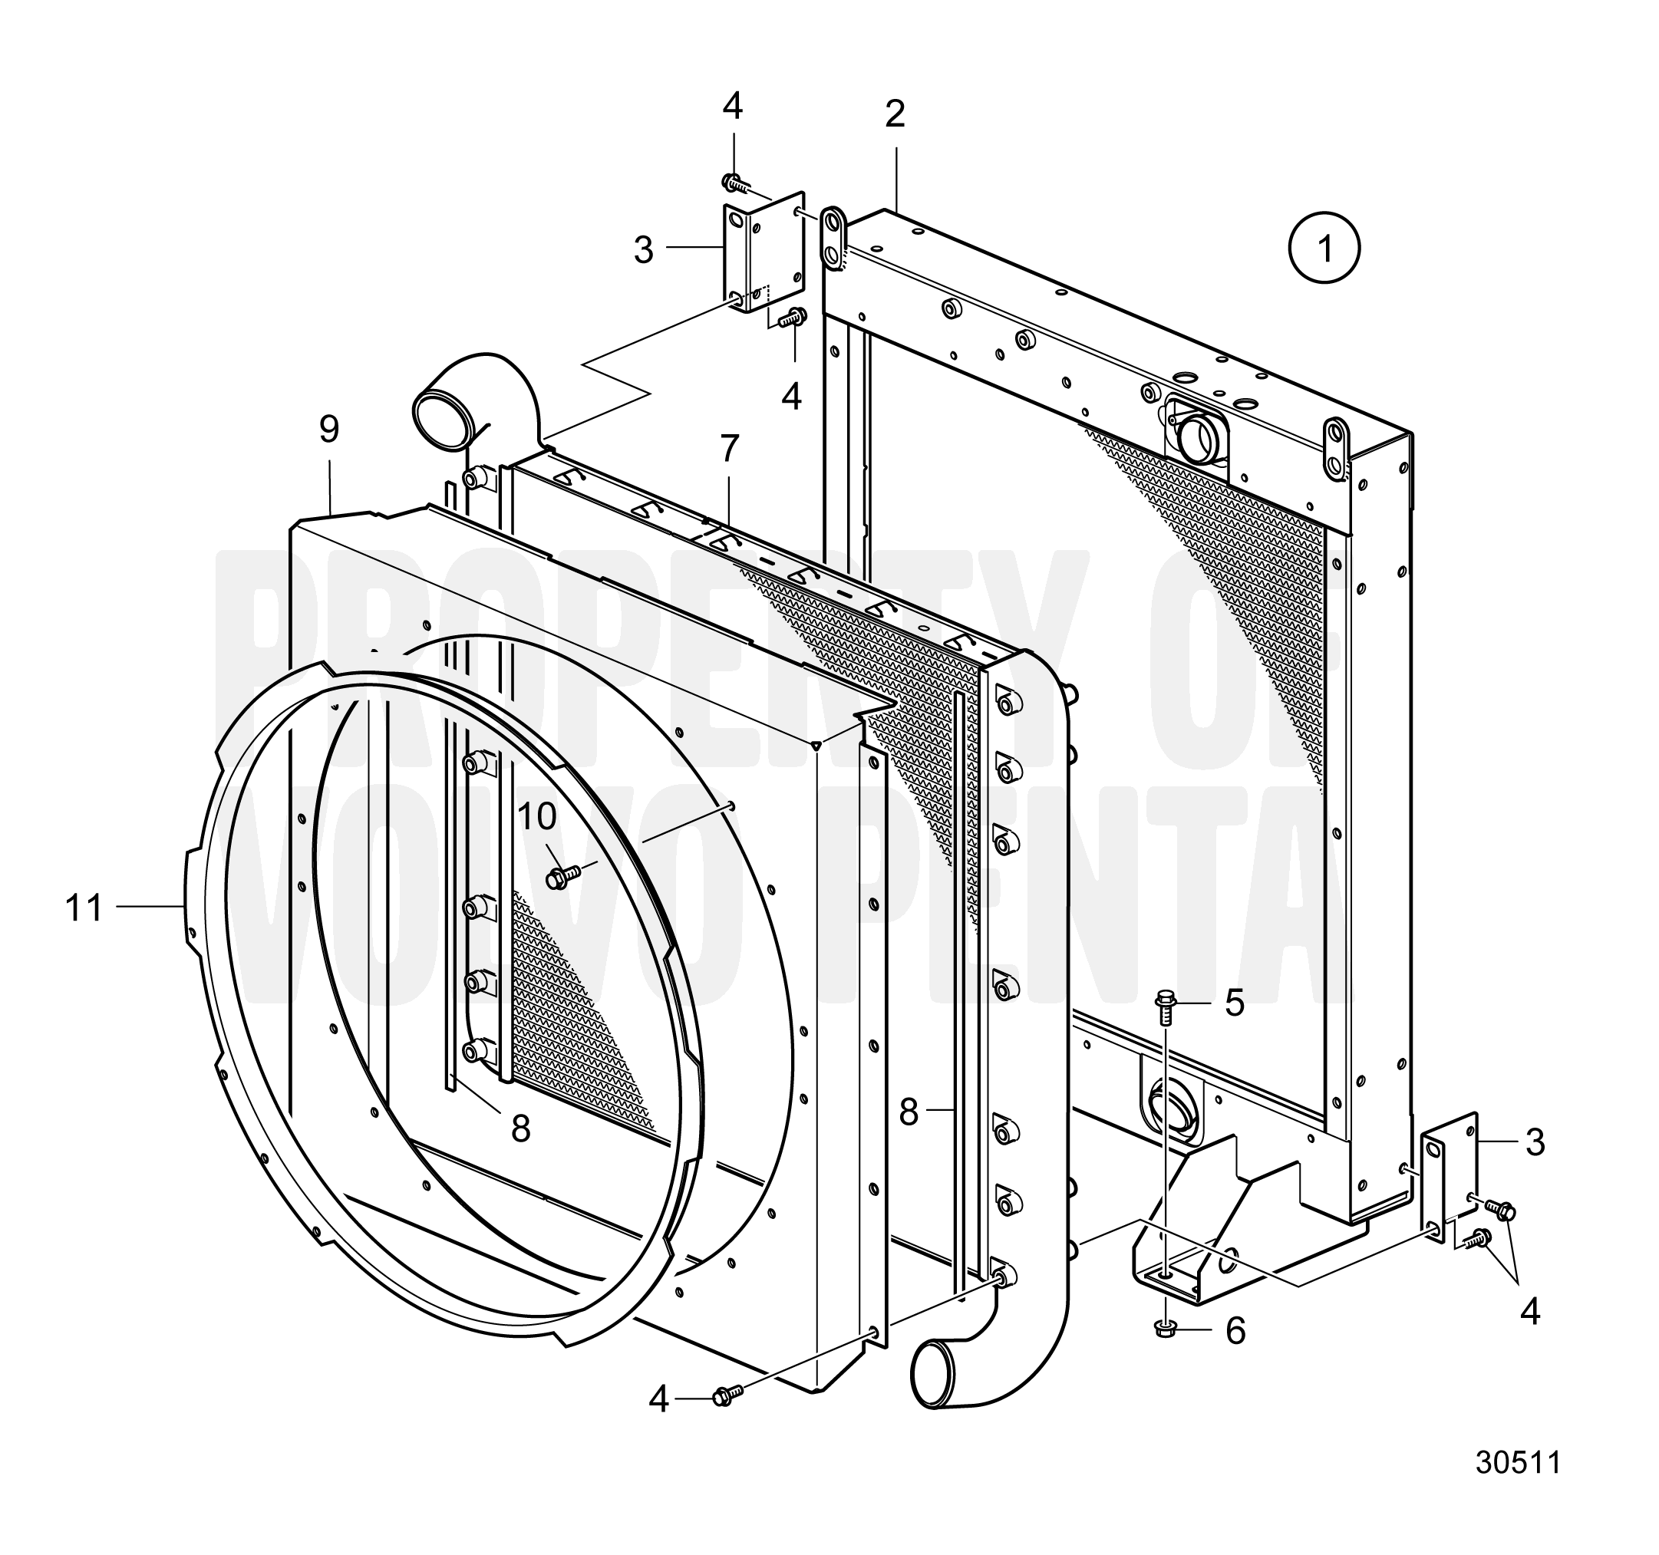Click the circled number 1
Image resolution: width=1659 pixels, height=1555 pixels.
1324,248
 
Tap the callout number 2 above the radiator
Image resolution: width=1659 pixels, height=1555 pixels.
895,114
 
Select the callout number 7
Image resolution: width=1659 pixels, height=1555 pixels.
729,449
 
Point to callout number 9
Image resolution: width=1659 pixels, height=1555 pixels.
330,429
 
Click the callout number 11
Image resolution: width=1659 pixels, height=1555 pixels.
84,908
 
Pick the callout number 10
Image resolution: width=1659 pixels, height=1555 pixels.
536,818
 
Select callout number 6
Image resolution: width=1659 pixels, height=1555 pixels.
1235,1330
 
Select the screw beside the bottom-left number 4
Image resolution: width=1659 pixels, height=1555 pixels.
726,1395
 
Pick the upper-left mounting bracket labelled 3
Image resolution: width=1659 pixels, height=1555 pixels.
763,251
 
